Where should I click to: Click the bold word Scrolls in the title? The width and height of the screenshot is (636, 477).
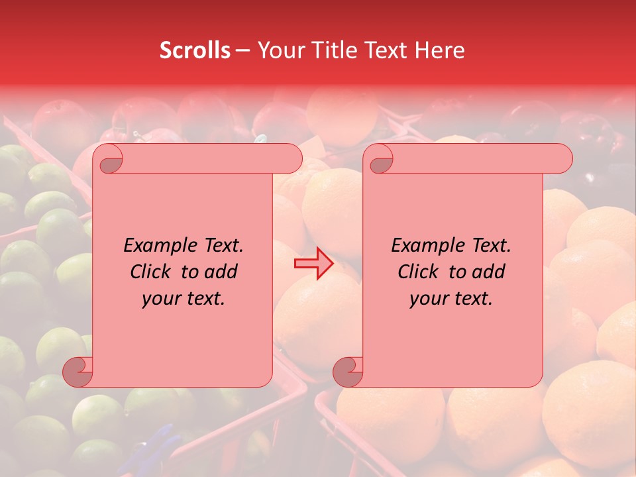click(x=195, y=50)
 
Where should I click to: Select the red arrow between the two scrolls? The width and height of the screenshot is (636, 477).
click(x=314, y=264)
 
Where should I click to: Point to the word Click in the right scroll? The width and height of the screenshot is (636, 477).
click(x=419, y=272)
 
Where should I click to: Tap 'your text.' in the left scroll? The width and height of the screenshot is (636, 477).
click(x=184, y=298)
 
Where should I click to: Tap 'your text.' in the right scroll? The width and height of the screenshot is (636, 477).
click(x=451, y=298)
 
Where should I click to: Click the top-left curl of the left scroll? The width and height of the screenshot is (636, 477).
click(x=108, y=160)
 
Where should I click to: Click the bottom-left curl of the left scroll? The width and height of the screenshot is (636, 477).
click(x=78, y=372)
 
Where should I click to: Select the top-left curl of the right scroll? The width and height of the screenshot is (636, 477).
click(x=379, y=160)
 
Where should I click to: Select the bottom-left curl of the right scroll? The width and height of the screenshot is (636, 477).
click(x=348, y=372)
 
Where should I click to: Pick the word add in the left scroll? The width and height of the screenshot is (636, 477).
click(x=221, y=272)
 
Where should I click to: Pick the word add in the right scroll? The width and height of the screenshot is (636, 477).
click(x=489, y=272)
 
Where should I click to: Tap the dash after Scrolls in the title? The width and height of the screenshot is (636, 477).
click(x=242, y=50)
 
